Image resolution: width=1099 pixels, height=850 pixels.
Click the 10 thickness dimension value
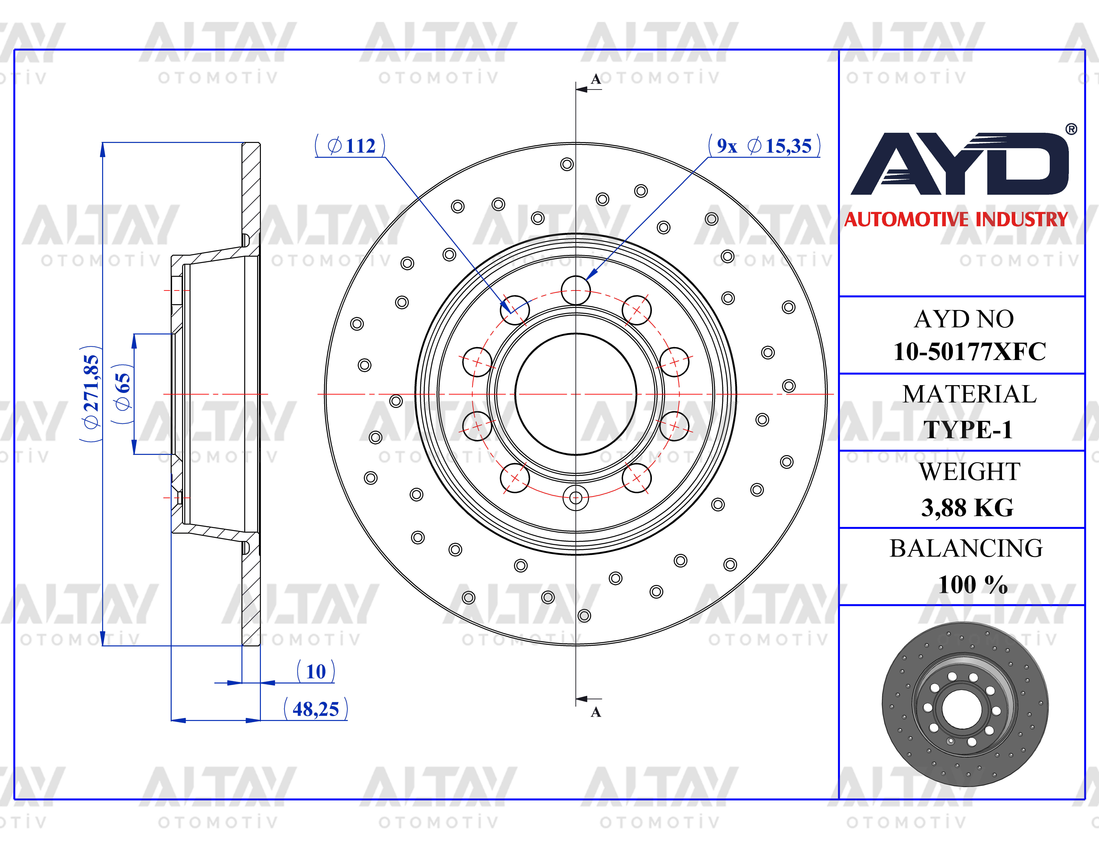tap(316, 671)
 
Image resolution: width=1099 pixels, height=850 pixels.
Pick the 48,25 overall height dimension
tap(316, 709)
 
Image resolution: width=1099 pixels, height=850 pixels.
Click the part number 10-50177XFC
tap(969, 352)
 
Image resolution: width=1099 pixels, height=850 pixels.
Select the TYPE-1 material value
tap(968, 430)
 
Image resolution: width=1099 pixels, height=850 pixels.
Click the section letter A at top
tap(596, 79)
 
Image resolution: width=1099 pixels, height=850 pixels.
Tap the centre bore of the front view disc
tap(576, 394)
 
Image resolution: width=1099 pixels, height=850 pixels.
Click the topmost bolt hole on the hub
tap(576, 290)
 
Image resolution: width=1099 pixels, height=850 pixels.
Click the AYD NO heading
tap(964, 319)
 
